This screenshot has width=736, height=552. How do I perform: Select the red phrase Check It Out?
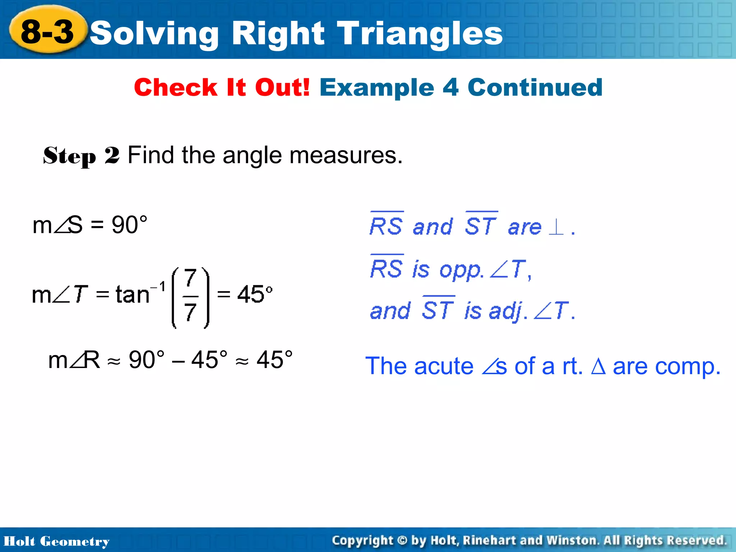click(222, 87)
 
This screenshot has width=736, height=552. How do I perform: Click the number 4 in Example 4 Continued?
click(451, 87)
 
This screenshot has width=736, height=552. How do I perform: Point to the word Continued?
click(535, 87)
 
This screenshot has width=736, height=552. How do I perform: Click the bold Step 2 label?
click(81, 156)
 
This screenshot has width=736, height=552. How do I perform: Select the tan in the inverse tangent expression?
click(132, 295)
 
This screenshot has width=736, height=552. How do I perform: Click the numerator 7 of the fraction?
click(190, 277)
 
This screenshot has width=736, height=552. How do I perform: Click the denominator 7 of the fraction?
click(190, 312)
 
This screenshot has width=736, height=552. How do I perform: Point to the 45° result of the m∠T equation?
click(255, 294)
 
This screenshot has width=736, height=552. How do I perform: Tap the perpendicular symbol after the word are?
click(556, 227)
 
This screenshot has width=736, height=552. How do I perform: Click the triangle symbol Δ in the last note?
click(598, 367)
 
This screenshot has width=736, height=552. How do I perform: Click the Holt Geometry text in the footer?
click(56, 541)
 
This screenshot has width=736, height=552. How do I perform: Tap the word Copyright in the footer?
click(362, 540)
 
